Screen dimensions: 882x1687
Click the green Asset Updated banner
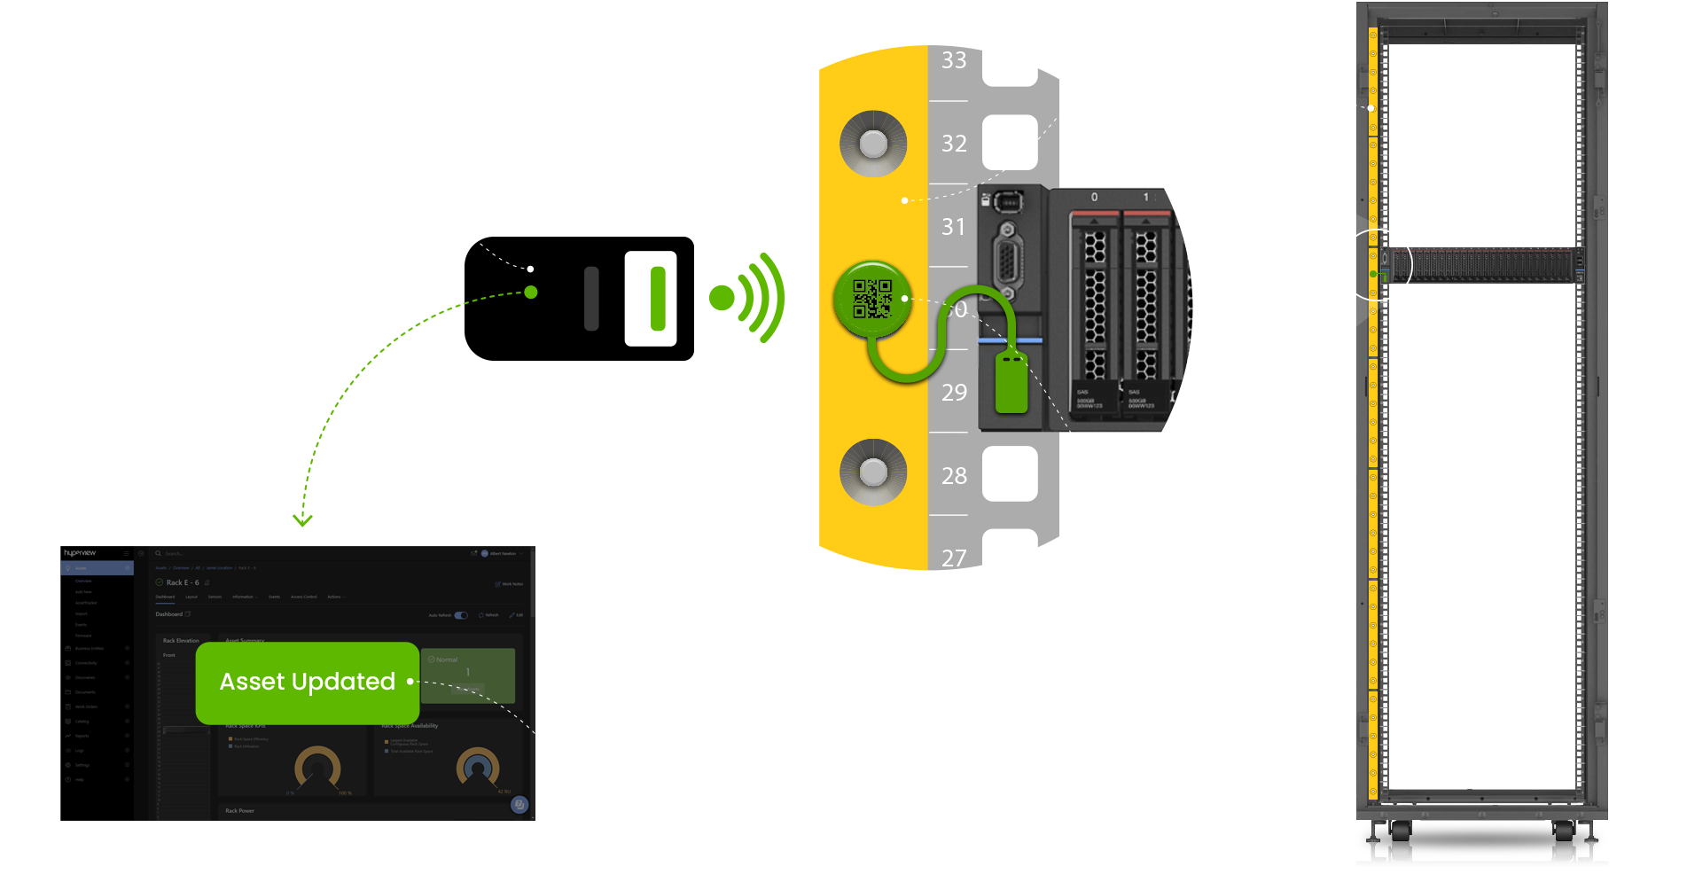click(x=307, y=682)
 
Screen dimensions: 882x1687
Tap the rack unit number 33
click(x=954, y=60)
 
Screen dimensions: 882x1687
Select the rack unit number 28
click(x=954, y=476)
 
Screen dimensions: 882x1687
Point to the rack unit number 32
click(x=954, y=144)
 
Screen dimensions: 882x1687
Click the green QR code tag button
click(x=872, y=299)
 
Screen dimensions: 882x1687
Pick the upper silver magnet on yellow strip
click(x=873, y=144)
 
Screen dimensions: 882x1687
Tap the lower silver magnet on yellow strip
click(x=873, y=472)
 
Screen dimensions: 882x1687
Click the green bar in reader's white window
click(x=658, y=299)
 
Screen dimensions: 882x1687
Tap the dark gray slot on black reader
click(x=591, y=299)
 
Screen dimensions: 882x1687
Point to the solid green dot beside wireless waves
click(x=722, y=299)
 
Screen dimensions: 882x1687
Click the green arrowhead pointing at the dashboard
click(x=303, y=520)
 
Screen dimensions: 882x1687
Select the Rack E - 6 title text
click(x=183, y=582)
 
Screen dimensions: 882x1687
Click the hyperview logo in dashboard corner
click(x=80, y=552)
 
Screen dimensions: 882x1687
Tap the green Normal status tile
click(x=468, y=675)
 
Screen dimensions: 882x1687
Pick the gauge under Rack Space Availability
click(x=478, y=768)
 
